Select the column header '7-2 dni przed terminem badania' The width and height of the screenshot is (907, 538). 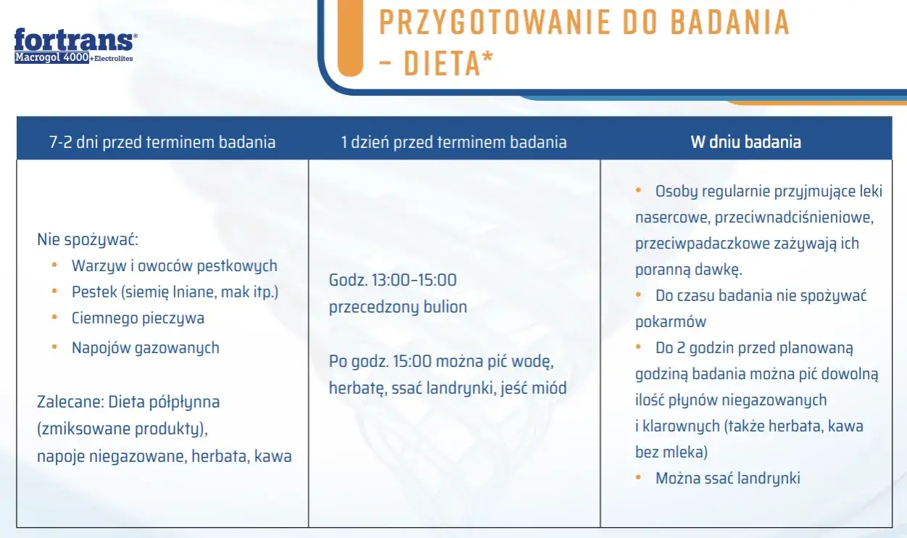pyautogui.click(x=162, y=141)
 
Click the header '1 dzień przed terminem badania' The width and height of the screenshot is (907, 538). pyautogui.click(x=454, y=141)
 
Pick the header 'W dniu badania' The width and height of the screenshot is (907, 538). pyautogui.click(x=745, y=141)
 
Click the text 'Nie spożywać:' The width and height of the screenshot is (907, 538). pyautogui.click(x=87, y=239)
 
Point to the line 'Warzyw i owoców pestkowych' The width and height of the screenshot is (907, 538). pyautogui.click(x=174, y=266)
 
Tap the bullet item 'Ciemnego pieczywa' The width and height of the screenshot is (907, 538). pyautogui.click(x=138, y=318)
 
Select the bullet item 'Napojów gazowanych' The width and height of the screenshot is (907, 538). pyautogui.click(x=145, y=348)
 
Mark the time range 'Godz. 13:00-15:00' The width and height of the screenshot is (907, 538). pyautogui.click(x=393, y=280)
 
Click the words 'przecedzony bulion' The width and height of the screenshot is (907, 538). pyautogui.click(x=398, y=307)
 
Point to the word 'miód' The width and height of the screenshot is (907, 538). pyautogui.click(x=549, y=388)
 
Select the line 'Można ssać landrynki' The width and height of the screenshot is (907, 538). pyautogui.click(x=728, y=479)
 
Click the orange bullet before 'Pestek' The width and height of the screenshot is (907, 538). pyautogui.click(x=54, y=291)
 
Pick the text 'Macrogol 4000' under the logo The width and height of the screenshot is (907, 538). pyautogui.click(x=51, y=57)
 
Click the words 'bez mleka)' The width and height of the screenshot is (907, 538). pyautogui.click(x=671, y=452)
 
